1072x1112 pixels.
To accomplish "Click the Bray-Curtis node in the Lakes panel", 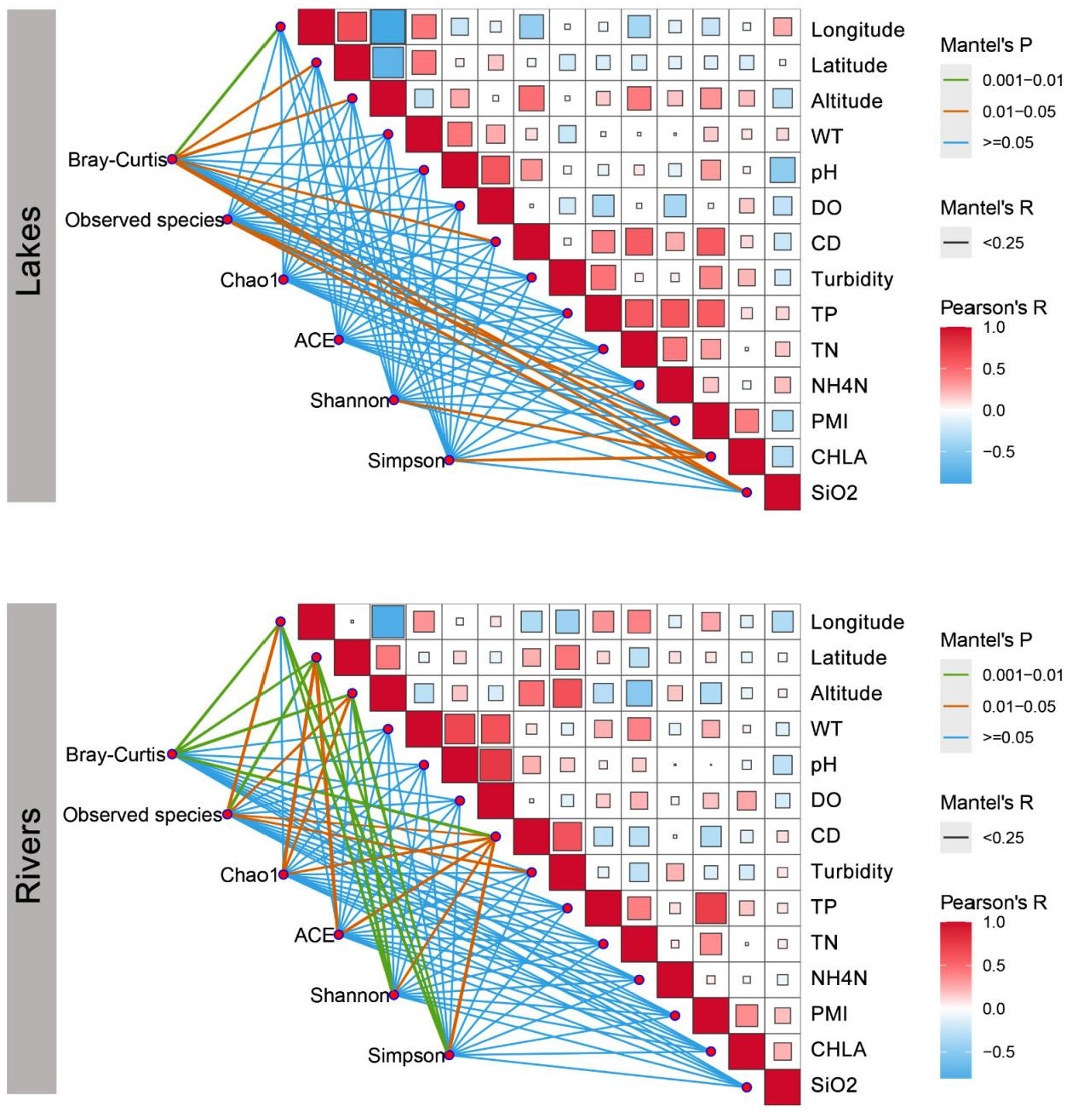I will [x=172, y=159].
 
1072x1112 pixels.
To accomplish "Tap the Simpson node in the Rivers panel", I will [x=450, y=1055].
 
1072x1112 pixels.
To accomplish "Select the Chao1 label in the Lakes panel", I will [x=249, y=280].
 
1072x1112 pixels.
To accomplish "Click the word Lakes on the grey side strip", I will [x=29, y=250].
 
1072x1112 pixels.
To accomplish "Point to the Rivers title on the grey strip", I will [x=29, y=855].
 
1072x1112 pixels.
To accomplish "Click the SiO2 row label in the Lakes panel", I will [x=834, y=493].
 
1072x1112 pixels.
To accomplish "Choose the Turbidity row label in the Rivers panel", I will [x=851, y=872].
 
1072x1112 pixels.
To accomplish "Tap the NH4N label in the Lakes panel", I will [x=839, y=386].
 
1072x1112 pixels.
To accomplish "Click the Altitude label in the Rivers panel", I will [x=846, y=693].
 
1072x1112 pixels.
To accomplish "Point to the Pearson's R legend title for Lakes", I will [x=993, y=307].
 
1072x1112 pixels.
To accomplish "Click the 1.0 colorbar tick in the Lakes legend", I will [x=994, y=327].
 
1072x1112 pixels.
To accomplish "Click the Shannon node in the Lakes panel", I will [x=394, y=399].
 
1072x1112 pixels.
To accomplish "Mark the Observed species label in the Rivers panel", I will [x=142, y=815].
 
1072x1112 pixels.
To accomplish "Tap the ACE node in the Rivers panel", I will [x=339, y=934].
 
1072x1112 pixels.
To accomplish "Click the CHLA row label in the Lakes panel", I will [x=838, y=457].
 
